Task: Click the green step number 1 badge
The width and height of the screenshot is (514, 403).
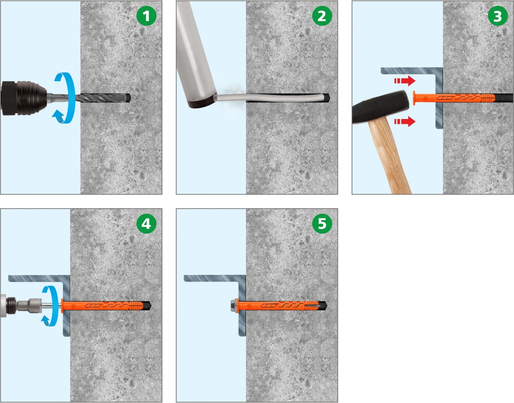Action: (146, 16)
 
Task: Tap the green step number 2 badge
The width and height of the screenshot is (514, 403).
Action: (322, 16)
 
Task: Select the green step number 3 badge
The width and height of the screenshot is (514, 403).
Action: (498, 16)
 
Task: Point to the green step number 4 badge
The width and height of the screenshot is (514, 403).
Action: (146, 224)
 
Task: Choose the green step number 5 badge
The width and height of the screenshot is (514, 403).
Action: (322, 224)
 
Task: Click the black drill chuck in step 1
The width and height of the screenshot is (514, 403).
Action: (24, 98)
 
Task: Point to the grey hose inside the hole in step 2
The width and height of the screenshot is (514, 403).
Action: (272, 97)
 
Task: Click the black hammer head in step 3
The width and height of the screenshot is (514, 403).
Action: (381, 107)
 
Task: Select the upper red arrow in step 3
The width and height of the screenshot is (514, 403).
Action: (404, 81)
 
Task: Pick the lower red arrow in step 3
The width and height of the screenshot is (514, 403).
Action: (404, 121)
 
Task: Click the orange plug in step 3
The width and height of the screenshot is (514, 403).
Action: (453, 97)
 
